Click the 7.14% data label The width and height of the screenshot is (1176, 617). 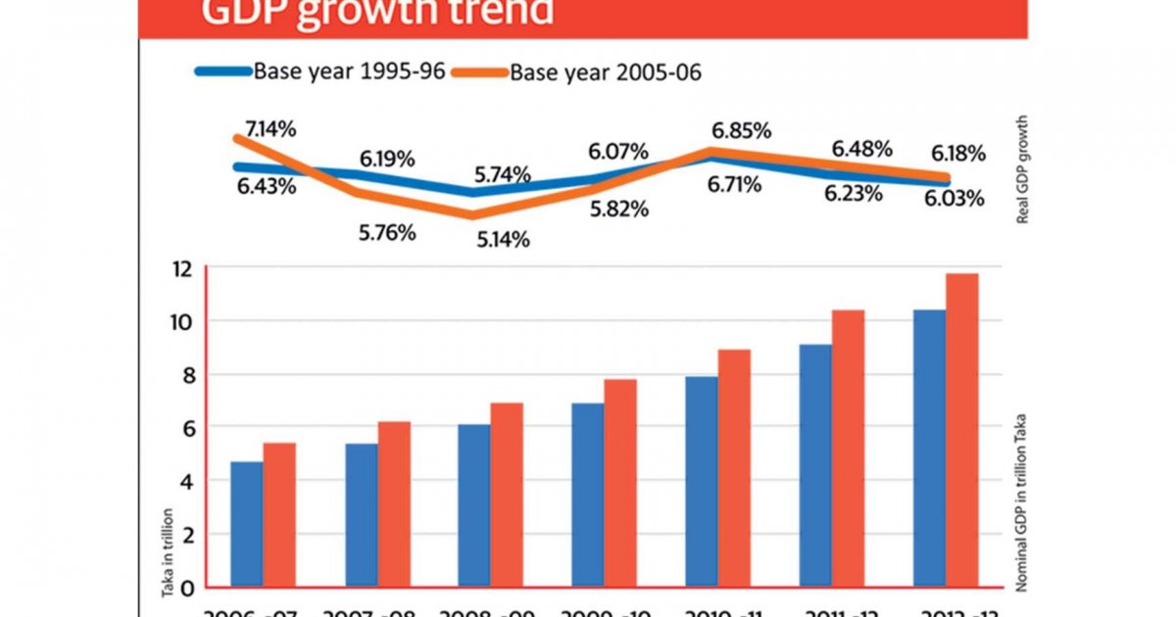pyautogui.click(x=264, y=127)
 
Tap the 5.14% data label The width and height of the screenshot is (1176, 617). pyautogui.click(x=503, y=239)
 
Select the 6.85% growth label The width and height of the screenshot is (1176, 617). pyautogui.click(x=741, y=130)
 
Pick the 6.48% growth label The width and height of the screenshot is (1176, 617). pyautogui.click(x=861, y=149)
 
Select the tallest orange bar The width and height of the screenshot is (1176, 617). pyautogui.click(x=961, y=431)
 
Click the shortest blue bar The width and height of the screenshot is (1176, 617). pyautogui.click(x=246, y=524)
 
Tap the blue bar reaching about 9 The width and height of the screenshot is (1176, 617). pyautogui.click(x=815, y=465)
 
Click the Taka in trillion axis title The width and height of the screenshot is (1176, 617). pyautogui.click(x=168, y=551)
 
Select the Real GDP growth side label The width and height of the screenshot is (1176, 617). pyautogui.click(x=1022, y=171)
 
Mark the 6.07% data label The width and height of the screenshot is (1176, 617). pyautogui.click(x=617, y=152)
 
